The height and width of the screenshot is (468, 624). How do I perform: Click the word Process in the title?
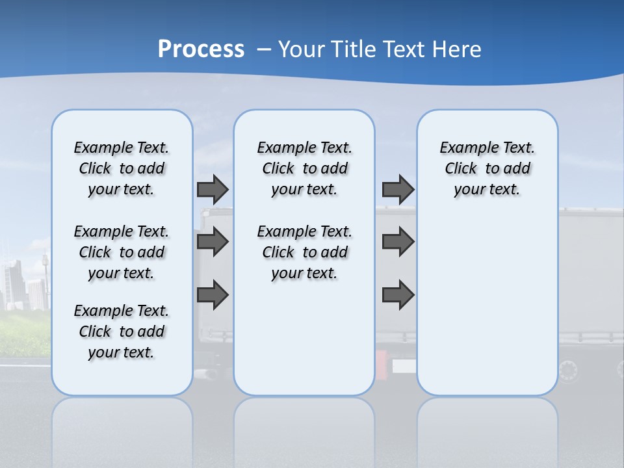pyautogui.click(x=201, y=49)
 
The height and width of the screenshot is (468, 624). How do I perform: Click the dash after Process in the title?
pyautogui.click(x=264, y=49)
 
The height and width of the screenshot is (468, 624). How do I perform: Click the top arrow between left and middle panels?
pyautogui.click(x=213, y=189)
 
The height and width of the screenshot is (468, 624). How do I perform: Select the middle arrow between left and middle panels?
pyautogui.click(x=213, y=242)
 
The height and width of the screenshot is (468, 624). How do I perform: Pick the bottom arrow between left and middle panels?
pyautogui.click(x=213, y=294)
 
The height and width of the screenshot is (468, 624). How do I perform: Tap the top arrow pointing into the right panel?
pyautogui.click(x=398, y=189)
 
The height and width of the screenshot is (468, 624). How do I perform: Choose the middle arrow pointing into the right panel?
pyautogui.click(x=398, y=242)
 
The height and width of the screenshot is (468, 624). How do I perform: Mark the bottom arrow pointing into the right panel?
pyautogui.click(x=398, y=294)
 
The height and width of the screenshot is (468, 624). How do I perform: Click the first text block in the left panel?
pyautogui.click(x=122, y=168)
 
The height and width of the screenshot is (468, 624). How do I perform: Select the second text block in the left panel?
pyautogui.click(x=122, y=252)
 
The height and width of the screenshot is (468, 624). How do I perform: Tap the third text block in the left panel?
pyautogui.click(x=122, y=331)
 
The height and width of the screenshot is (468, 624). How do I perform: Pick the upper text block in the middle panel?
pyautogui.click(x=304, y=168)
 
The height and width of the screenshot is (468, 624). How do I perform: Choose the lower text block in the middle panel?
pyautogui.click(x=304, y=252)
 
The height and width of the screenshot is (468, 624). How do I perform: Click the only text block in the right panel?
pyautogui.click(x=487, y=168)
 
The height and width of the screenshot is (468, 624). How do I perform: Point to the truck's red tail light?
pyautogui.click(x=381, y=361)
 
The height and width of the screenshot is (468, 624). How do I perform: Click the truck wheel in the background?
pyautogui.click(x=568, y=371)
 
